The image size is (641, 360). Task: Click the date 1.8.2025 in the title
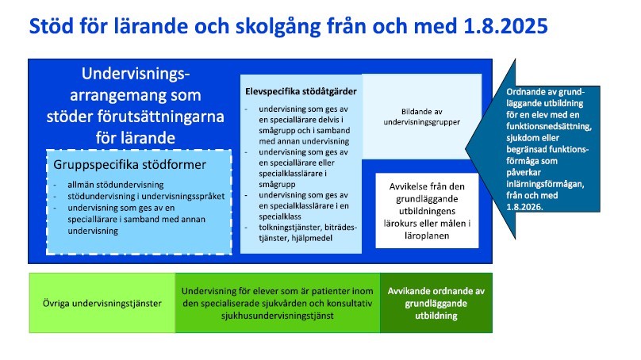point(505,26)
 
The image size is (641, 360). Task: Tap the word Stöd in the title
point(50,26)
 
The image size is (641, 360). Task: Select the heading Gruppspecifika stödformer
point(129,165)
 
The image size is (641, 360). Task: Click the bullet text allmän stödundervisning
point(116,185)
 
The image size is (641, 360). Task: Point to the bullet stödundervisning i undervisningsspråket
point(146,196)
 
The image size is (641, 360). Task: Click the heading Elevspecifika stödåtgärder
point(301,91)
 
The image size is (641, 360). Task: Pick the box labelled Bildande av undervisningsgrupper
point(422,117)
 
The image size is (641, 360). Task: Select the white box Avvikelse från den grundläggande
point(427,210)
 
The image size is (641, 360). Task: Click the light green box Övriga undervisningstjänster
point(102,303)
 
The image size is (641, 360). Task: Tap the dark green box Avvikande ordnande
point(436,303)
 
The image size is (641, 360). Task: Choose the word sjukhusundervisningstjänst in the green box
point(278,316)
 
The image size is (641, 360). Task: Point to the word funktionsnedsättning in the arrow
point(549,126)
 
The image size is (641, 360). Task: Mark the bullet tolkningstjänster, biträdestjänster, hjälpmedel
point(308,232)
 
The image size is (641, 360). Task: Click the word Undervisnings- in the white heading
point(136,74)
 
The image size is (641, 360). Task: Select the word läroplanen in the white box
point(427,236)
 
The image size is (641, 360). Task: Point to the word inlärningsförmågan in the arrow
point(545,184)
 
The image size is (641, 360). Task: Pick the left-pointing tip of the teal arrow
point(466,149)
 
